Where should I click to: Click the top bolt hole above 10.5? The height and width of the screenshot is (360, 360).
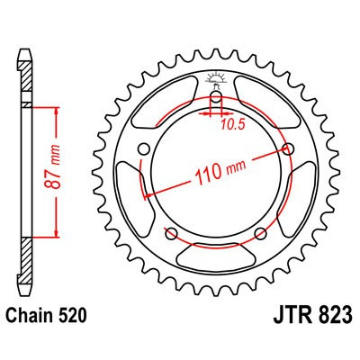[x=216, y=98]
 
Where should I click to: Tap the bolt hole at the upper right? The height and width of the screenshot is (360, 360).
[x=288, y=148]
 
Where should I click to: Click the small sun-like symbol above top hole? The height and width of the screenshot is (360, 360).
[x=216, y=77]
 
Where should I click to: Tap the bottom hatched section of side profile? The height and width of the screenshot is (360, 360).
[x=27, y=261]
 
